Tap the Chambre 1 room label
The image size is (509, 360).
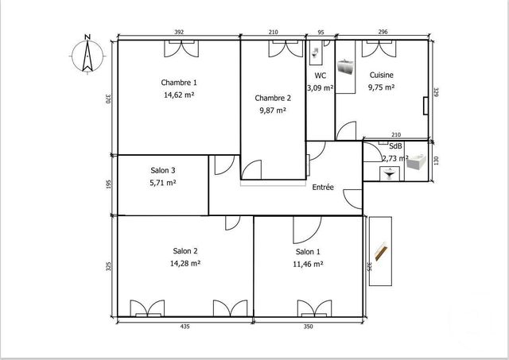click(x=178, y=83)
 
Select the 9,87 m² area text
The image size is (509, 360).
click(x=273, y=110)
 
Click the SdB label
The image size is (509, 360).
click(x=394, y=147)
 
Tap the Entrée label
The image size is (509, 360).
click(x=323, y=188)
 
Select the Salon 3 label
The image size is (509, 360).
click(x=163, y=170)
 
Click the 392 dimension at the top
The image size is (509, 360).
click(x=179, y=32)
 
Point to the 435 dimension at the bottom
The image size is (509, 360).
click(x=185, y=326)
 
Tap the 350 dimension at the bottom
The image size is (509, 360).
click(x=308, y=326)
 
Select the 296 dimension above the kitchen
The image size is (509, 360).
click(x=383, y=32)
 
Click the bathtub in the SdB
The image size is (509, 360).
click(x=417, y=164)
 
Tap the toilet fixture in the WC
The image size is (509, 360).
click(x=317, y=54)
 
